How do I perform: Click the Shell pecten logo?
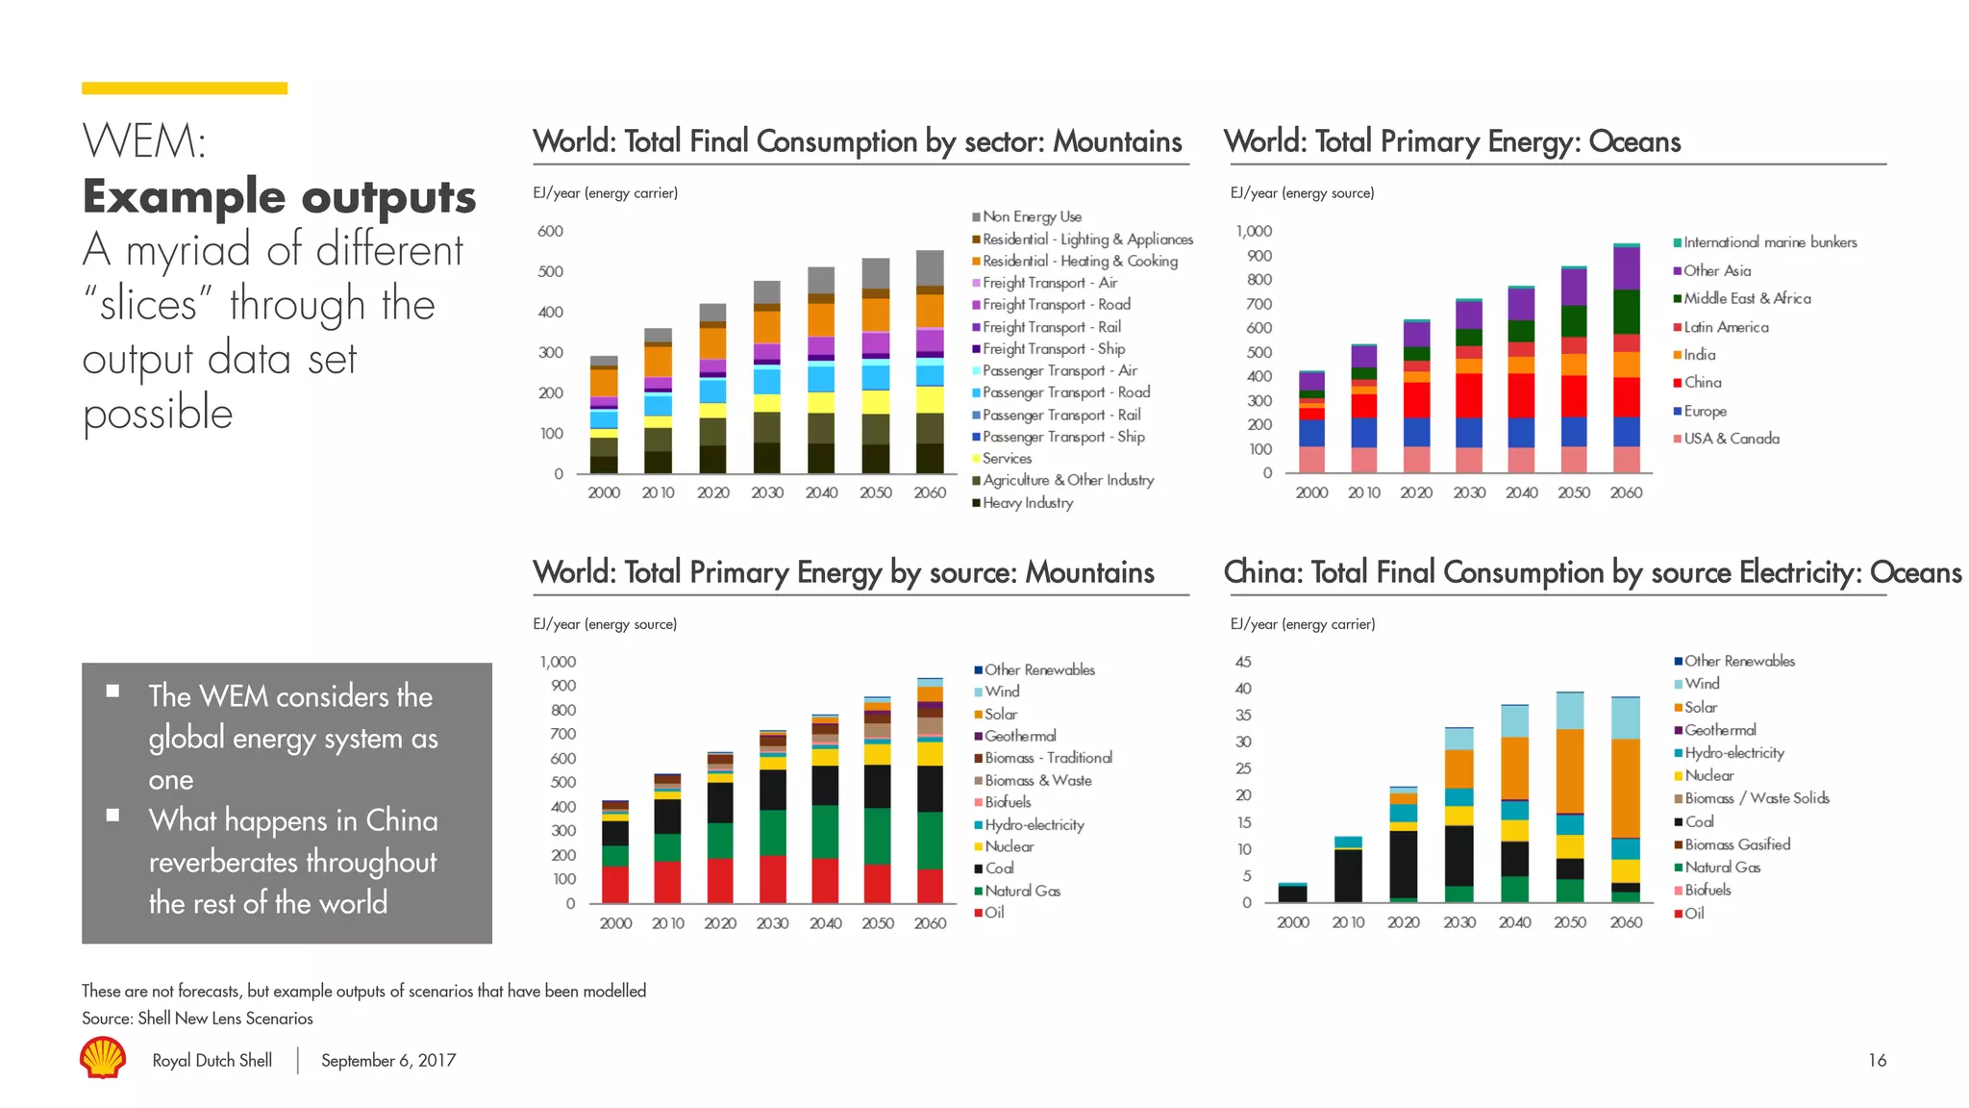pos(103,1057)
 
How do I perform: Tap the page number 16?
pos(1877,1060)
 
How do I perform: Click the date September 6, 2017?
pos(387,1060)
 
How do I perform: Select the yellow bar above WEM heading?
pos(185,88)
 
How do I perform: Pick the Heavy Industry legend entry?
pos(1027,502)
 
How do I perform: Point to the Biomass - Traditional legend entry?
pos(1047,758)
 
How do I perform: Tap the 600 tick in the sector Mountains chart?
pos(551,231)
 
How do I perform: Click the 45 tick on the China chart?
pos(1243,662)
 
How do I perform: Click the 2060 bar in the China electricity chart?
pos(1626,798)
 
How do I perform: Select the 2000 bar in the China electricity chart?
pos(1293,893)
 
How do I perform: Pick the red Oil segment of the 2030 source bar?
pos(772,878)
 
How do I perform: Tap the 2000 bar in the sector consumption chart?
pos(604,415)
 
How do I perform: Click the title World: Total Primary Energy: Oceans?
pos(1452,142)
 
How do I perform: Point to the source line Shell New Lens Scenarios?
pos(197,1018)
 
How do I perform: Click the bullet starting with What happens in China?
pos(292,861)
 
